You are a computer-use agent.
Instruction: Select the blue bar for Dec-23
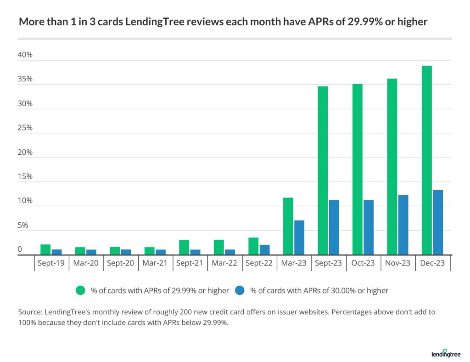tap(438, 222)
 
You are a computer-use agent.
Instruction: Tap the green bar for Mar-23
tap(288, 226)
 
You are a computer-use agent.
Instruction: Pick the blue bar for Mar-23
tap(299, 238)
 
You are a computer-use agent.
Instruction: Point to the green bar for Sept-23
tap(323, 170)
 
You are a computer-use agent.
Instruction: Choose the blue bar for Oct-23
tap(369, 227)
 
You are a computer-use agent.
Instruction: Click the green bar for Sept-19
tap(45, 249)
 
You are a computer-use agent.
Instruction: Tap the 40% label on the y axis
tap(25, 55)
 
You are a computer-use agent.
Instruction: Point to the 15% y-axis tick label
tap(25, 177)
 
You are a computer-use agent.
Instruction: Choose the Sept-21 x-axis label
tap(190, 263)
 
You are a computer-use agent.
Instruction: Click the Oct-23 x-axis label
tap(363, 263)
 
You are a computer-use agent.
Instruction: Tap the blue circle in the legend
tap(241, 290)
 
